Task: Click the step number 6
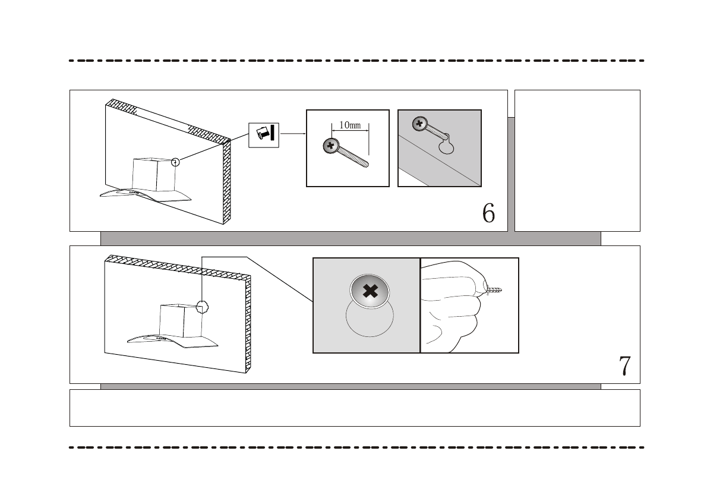click(x=488, y=213)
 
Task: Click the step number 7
click(x=624, y=366)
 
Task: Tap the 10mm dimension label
click(x=350, y=125)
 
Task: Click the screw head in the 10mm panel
click(x=330, y=146)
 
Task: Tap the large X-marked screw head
click(x=370, y=291)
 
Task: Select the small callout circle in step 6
click(x=175, y=162)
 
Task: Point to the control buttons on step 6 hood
click(x=135, y=192)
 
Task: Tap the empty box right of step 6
click(x=576, y=160)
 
